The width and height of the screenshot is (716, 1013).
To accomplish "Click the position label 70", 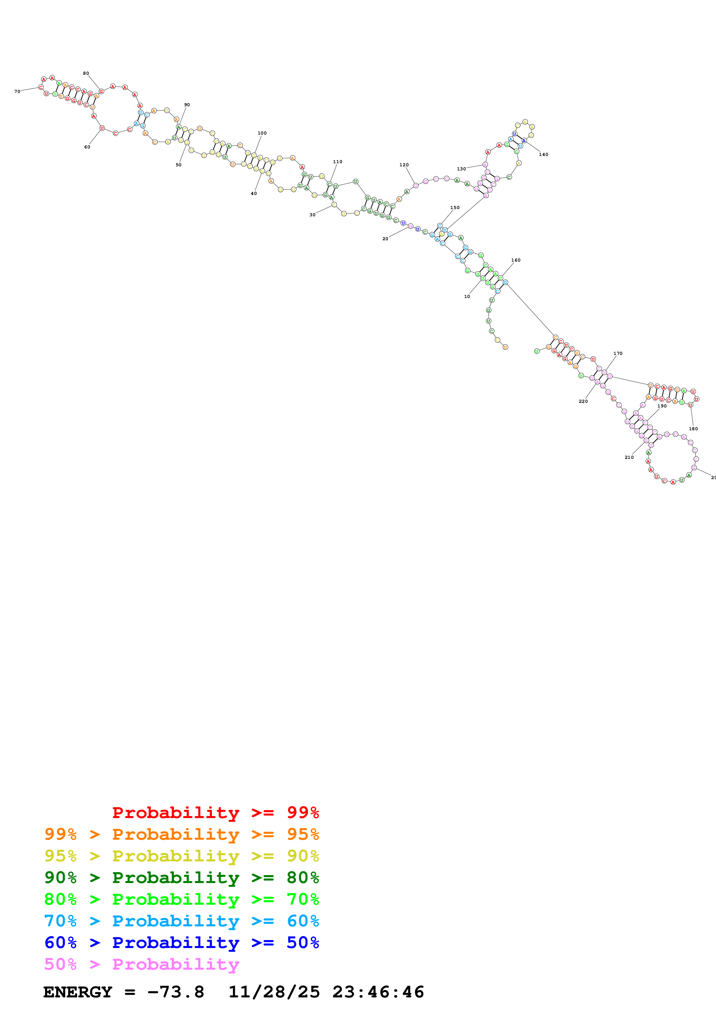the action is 17,91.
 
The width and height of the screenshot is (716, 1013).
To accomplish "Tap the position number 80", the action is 86,73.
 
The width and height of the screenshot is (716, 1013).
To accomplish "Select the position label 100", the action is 262,133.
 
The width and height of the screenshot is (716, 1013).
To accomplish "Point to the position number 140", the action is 544,154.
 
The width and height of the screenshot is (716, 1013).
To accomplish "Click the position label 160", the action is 516,260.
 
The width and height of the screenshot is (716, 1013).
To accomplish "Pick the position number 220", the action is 583,401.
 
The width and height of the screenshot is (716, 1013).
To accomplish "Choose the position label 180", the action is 693,429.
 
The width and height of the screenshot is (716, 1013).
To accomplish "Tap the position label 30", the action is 312,215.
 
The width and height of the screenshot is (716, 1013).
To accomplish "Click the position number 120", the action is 404,165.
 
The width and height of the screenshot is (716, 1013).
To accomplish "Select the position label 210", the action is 629,457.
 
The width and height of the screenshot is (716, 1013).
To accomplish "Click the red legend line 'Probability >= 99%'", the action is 215,812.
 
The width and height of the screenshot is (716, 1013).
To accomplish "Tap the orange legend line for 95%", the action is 181,834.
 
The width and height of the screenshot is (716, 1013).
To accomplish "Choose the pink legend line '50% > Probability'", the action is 142,964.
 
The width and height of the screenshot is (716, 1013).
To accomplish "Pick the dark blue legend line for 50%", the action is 181,943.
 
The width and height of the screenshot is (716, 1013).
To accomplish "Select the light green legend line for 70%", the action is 181,899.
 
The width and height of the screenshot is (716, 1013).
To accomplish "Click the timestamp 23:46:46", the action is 378,992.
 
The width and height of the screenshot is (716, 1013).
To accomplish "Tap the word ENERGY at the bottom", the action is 78,992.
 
